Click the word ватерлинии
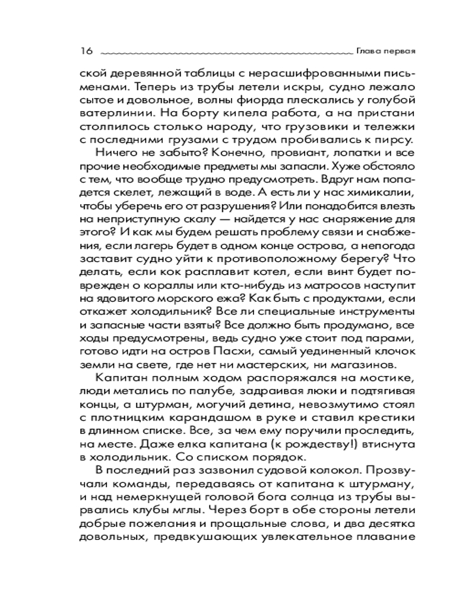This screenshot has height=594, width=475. coord(110,113)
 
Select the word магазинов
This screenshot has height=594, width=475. coord(362,364)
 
